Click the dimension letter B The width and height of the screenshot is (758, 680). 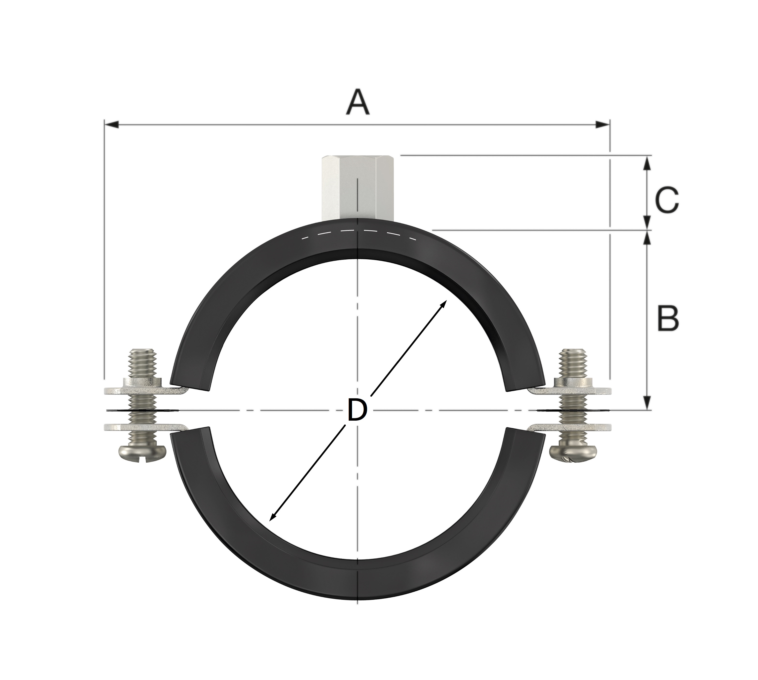[x=668, y=319]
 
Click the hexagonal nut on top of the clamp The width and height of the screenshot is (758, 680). [x=358, y=189]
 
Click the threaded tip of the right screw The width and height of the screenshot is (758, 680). [x=572, y=363]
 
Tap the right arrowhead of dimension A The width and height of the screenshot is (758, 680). [x=603, y=125]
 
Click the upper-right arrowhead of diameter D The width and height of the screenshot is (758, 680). [x=443, y=305]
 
